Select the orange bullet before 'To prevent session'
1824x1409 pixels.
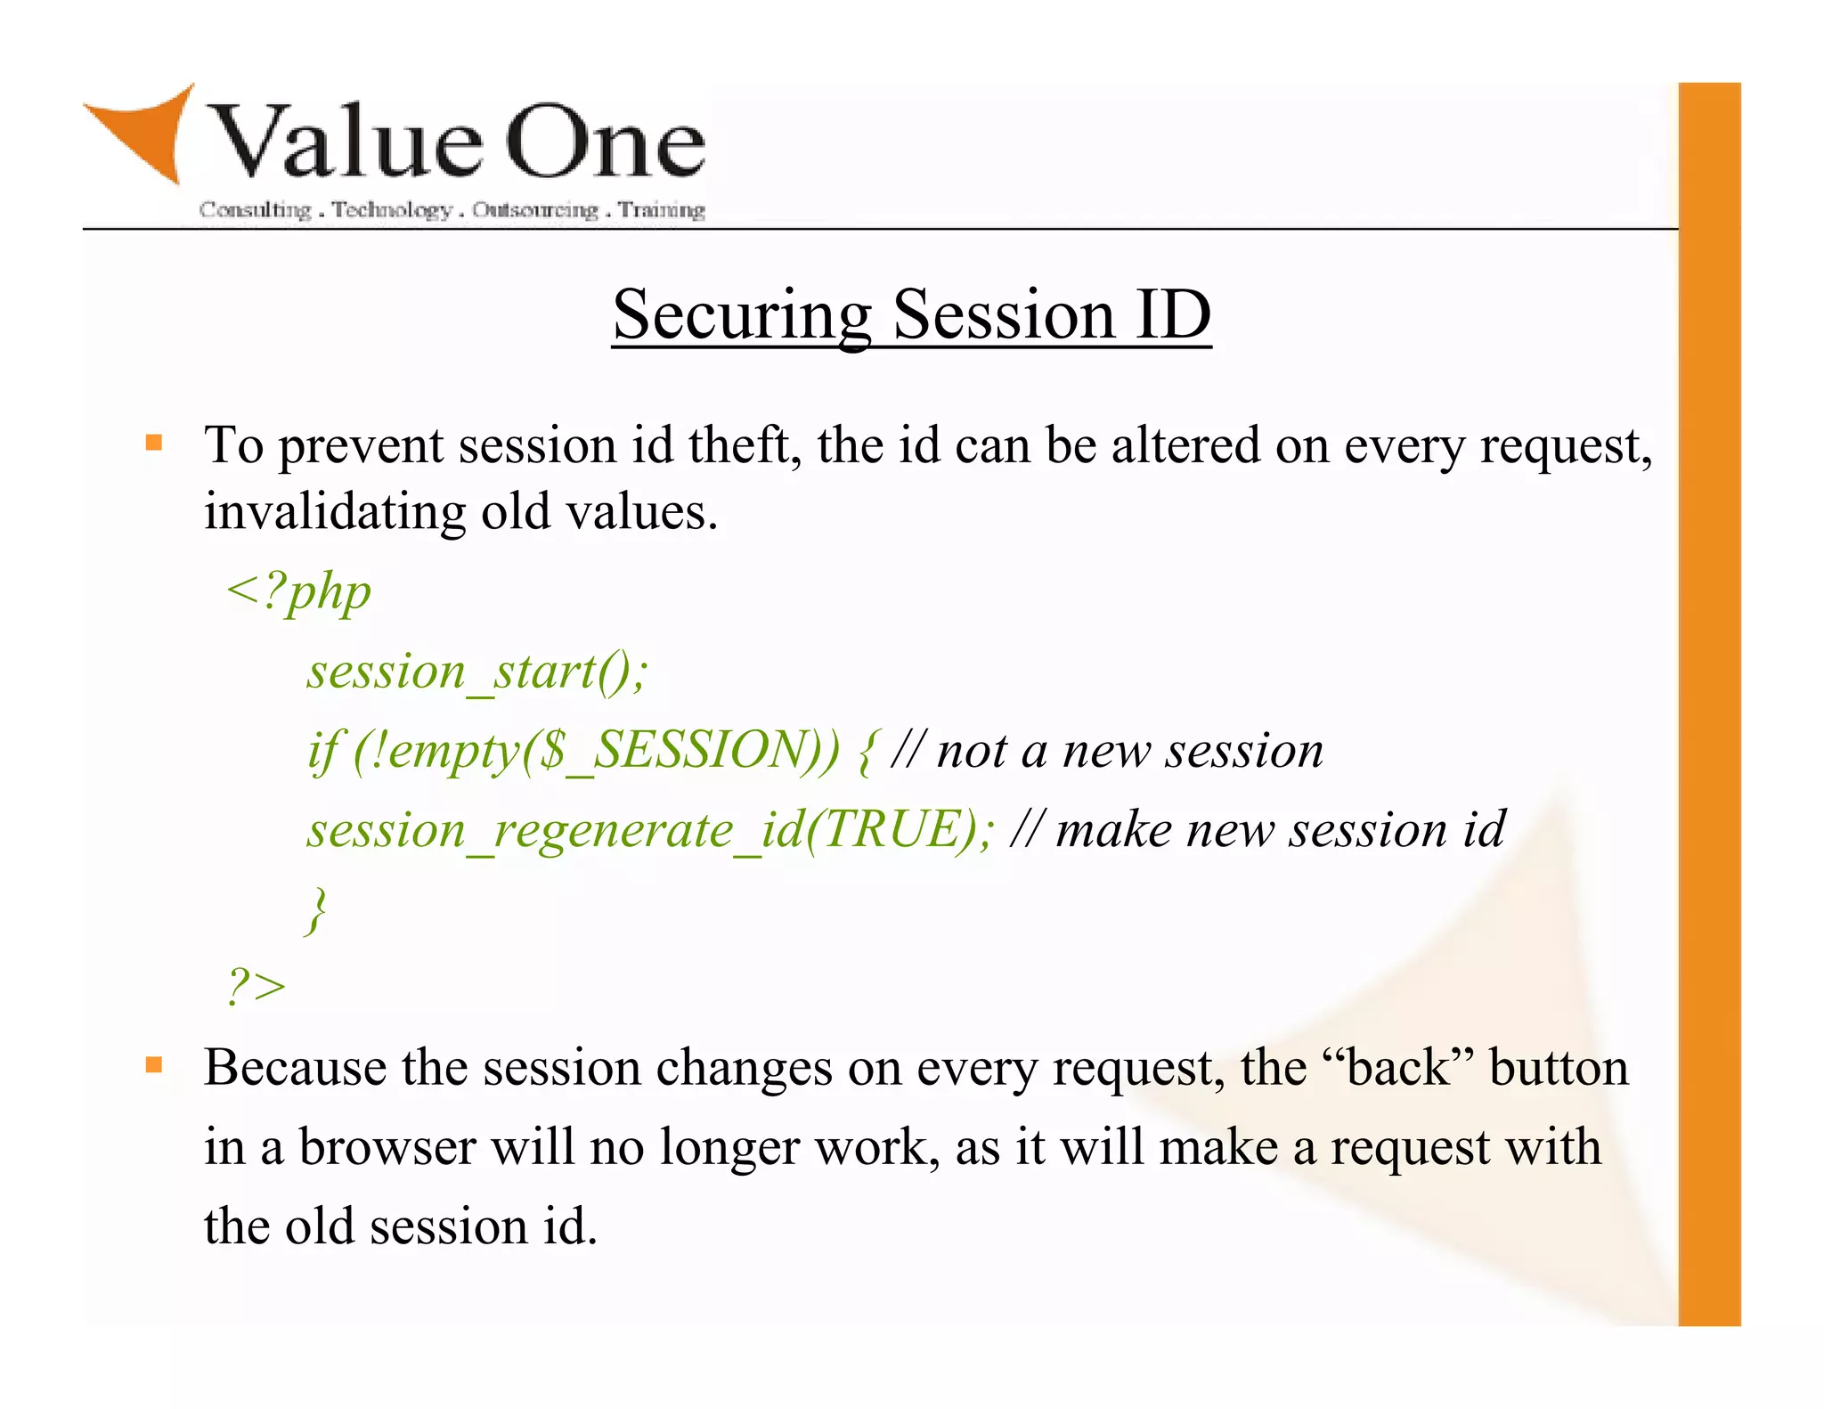(x=154, y=443)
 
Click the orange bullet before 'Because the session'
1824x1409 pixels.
(x=154, y=1064)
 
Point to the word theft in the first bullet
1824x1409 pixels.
(x=745, y=444)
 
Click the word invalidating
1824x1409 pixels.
(x=335, y=512)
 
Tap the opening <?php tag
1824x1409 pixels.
(x=298, y=591)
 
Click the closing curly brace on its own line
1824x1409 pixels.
(x=317, y=909)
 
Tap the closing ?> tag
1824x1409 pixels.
(x=256, y=987)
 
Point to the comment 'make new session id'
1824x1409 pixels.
(x=1278, y=829)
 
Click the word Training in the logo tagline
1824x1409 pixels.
(x=662, y=210)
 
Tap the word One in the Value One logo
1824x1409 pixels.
(x=606, y=143)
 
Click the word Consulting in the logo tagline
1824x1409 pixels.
(x=255, y=210)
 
